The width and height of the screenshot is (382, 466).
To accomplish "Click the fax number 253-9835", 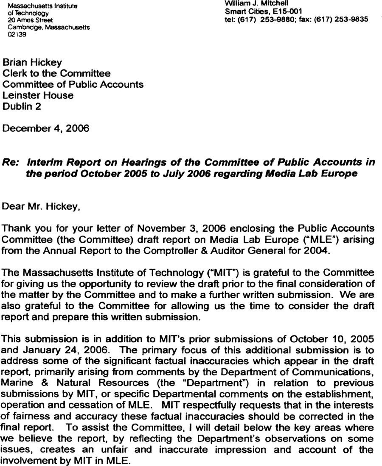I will click(x=351, y=19).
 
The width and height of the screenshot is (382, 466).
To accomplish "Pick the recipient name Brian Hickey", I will click(x=32, y=63).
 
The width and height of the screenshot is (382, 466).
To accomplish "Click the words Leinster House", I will click(x=38, y=95).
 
